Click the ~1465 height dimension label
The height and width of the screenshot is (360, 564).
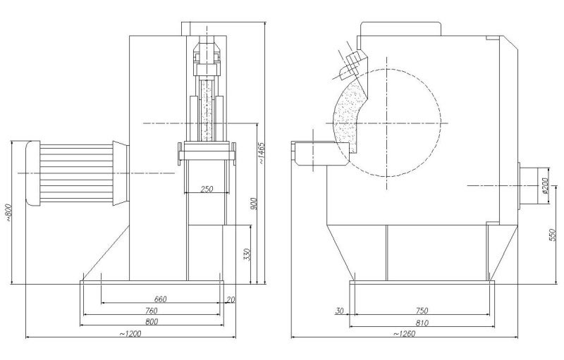coord(262,153)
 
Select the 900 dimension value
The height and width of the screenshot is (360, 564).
coord(254,204)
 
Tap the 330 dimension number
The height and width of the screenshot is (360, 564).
coord(247,254)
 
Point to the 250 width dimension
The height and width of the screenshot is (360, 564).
coord(207,189)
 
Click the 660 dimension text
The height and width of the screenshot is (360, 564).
coord(161,299)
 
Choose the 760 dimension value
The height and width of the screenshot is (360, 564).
coord(152,311)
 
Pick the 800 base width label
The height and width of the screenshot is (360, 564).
coord(152,321)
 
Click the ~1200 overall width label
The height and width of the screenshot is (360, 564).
coord(130,333)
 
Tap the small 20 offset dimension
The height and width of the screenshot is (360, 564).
coord(231,299)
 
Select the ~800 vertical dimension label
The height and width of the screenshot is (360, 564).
coord(8,212)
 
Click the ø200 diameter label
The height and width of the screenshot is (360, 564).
coord(545,185)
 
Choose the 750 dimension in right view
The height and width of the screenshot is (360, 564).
coord(422,311)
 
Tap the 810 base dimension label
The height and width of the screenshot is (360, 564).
coord(422,323)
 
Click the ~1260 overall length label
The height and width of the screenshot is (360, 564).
coord(403,333)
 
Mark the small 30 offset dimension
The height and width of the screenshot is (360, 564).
coord(339,311)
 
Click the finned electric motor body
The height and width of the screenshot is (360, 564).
coord(76,173)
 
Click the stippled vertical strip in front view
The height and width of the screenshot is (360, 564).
coord(207,111)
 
